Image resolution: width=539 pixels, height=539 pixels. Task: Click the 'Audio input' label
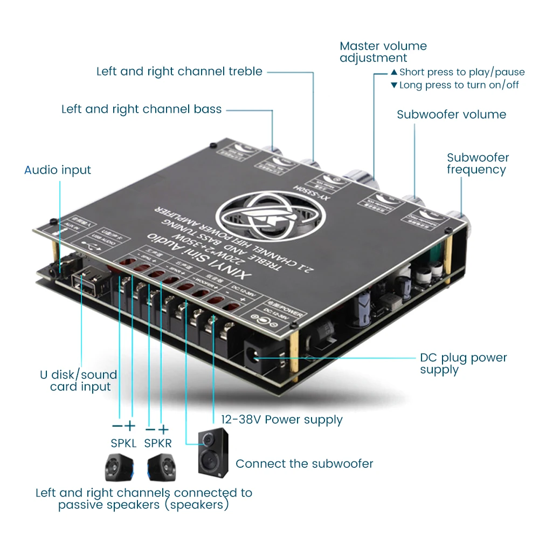click(58, 170)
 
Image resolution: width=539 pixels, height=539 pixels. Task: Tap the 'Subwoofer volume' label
click(451, 114)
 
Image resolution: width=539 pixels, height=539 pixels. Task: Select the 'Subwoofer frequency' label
click(478, 163)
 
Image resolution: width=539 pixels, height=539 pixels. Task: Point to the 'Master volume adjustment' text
click(383, 52)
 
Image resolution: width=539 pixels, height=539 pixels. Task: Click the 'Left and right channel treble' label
click(179, 71)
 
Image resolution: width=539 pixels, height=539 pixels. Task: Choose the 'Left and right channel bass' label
click(141, 109)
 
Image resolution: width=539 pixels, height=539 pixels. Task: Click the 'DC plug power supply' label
click(463, 364)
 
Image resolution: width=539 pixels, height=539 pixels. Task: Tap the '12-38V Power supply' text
click(281, 419)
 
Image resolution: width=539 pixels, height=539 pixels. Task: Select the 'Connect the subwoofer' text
click(304, 464)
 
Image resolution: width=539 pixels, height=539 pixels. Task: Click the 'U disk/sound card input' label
click(79, 381)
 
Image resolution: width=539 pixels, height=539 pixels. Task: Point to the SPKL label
click(123, 443)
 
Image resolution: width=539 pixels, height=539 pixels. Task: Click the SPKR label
click(157, 443)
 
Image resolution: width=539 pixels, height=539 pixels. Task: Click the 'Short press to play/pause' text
click(461, 72)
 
